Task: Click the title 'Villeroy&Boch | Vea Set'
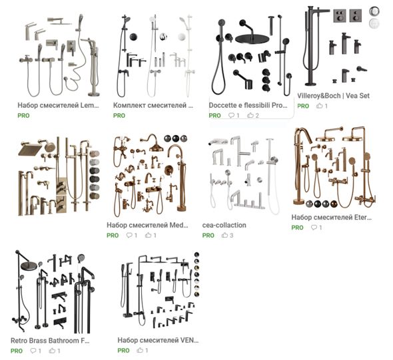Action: pyautogui.click(x=333, y=96)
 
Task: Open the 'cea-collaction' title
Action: pyautogui.click(x=224, y=225)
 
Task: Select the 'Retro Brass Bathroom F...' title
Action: pyautogui.click(x=50, y=341)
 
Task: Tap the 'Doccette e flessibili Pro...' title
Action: pyautogui.click(x=248, y=105)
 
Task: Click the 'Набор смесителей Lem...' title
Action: pyautogui.click(x=58, y=105)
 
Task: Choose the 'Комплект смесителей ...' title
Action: pyautogui.click(x=153, y=105)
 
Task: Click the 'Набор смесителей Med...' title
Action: pyautogui.click(x=147, y=225)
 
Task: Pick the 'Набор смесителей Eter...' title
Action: pyautogui.click(x=331, y=218)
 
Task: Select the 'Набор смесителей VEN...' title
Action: pyautogui.click(x=158, y=340)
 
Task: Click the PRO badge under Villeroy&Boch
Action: pyautogui.click(x=303, y=106)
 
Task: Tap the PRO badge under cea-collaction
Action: pyautogui.click(x=208, y=236)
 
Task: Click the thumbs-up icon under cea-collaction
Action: pyautogui.click(x=224, y=235)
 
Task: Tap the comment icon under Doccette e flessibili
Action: pyautogui.click(x=231, y=115)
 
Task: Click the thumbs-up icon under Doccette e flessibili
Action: pyautogui.click(x=250, y=115)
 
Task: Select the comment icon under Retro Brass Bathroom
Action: pyautogui.click(x=33, y=351)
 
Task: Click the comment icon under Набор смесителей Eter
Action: pyautogui.click(x=314, y=228)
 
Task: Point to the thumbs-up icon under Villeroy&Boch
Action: pyautogui.click(x=319, y=106)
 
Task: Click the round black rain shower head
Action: pyautogui.click(x=252, y=39)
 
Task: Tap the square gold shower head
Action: pyautogui.click(x=29, y=149)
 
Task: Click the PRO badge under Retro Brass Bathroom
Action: pyautogui.click(x=17, y=351)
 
